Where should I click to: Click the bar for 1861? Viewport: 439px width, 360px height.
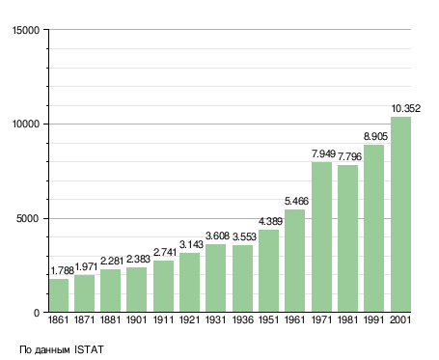tap(59, 295)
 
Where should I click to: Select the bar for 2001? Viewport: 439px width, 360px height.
tap(400, 214)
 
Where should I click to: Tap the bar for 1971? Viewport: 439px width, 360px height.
tap(321, 236)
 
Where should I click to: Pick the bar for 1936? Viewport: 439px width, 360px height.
tap(242, 279)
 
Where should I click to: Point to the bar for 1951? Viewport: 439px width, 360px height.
tap(268, 270)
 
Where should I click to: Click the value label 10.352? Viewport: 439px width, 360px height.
tap(406, 108)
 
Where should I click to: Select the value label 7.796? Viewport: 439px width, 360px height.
tap(349, 156)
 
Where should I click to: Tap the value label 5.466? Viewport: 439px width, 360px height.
tap(296, 201)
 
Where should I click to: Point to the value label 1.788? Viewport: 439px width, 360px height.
tap(63, 270)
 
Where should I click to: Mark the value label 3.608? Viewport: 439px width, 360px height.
tap(217, 235)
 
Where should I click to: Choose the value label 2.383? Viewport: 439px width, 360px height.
tap(138, 259)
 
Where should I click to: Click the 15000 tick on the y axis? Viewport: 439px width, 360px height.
tap(26, 30)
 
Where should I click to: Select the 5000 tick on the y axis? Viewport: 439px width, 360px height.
tap(28, 219)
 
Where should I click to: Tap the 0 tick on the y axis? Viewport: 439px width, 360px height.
tap(37, 313)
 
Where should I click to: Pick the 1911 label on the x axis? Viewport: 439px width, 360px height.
tap(163, 319)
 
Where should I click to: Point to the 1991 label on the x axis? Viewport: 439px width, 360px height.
tap(374, 319)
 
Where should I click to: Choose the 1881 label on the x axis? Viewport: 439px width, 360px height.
tap(110, 319)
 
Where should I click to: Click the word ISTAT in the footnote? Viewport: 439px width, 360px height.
tap(89, 349)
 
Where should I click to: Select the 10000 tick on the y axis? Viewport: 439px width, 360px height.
tap(26, 125)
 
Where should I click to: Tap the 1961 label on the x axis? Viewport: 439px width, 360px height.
tap(294, 319)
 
